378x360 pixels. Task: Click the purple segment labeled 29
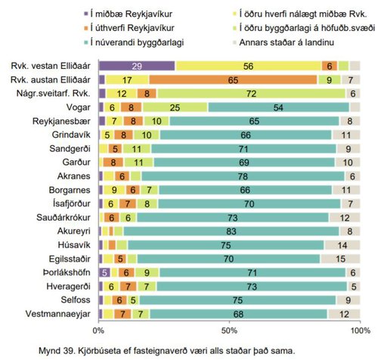coord(136,66)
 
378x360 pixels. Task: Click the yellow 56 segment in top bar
coord(248,66)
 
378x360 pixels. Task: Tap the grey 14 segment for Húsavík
coord(342,244)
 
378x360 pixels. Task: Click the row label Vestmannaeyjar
coord(60,313)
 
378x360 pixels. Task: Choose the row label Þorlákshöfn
coord(67,272)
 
